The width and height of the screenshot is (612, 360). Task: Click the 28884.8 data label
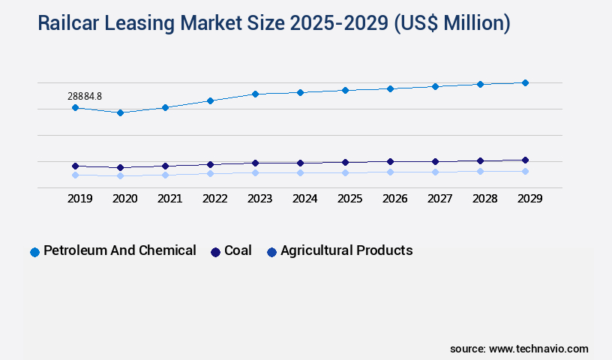(84, 96)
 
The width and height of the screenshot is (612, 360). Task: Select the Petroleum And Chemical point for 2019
(75, 108)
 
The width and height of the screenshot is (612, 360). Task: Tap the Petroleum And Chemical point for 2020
(120, 112)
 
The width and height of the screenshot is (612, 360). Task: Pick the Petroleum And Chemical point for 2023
(255, 94)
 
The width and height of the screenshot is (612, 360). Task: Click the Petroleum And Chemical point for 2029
(525, 82)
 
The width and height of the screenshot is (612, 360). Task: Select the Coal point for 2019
(75, 166)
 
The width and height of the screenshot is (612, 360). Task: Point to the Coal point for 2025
(345, 162)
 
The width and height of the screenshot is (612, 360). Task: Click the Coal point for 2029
(525, 160)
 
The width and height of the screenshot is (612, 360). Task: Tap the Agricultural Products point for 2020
(120, 175)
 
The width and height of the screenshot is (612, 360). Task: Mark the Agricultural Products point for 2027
(435, 172)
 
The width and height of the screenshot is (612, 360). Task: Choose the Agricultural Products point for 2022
(210, 173)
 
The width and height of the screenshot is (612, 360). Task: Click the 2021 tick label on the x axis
(169, 199)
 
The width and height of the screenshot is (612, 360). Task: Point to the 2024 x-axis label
(304, 199)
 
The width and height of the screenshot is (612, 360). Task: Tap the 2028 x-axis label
(484, 199)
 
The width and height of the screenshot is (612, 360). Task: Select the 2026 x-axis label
(394, 199)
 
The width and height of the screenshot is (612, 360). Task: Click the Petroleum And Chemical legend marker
(34, 252)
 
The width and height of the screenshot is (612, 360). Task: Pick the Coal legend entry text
(238, 250)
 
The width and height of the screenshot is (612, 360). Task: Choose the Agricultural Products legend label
(346, 250)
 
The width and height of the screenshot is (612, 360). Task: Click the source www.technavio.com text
(519, 349)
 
